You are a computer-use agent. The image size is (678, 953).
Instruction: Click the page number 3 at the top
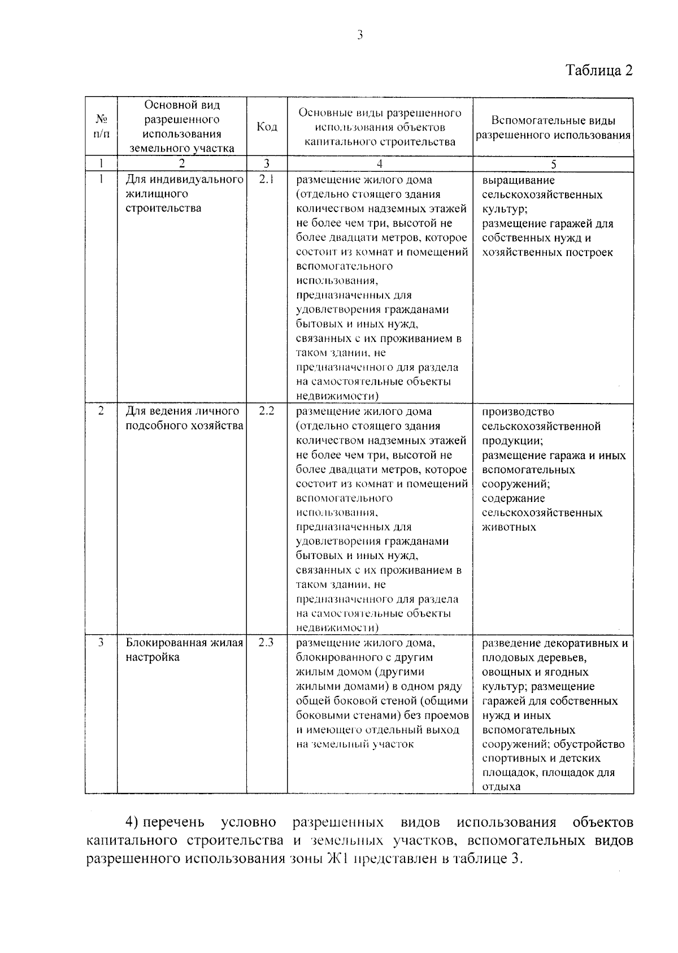pyautogui.click(x=359, y=35)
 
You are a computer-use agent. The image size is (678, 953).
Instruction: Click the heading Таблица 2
pyautogui.click(x=599, y=71)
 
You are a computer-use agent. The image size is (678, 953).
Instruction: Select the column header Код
pyautogui.click(x=267, y=127)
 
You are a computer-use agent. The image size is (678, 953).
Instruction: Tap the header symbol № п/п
pyautogui.click(x=101, y=127)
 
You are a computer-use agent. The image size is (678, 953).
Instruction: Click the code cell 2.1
pyautogui.click(x=266, y=180)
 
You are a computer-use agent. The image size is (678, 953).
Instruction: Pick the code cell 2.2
pyautogui.click(x=266, y=411)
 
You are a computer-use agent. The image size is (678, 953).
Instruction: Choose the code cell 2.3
pyautogui.click(x=266, y=642)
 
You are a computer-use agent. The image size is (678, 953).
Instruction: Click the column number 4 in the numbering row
pyautogui.click(x=380, y=164)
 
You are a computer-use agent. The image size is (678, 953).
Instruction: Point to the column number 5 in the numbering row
pyautogui.click(x=553, y=164)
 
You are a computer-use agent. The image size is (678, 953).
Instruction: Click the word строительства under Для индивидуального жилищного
pyautogui.click(x=163, y=208)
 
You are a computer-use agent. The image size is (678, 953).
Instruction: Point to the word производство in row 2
pyautogui.click(x=518, y=411)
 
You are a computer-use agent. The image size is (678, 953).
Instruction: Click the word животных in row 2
pyautogui.click(x=509, y=527)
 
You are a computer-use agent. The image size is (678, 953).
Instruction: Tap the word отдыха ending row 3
pyautogui.click(x=501, y=786)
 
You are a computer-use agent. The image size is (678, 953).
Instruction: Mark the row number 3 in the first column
pyautogui.click(x=101, y=642)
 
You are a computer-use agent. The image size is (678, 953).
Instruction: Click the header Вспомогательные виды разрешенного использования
pyautogui.click(x=553, y=128)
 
